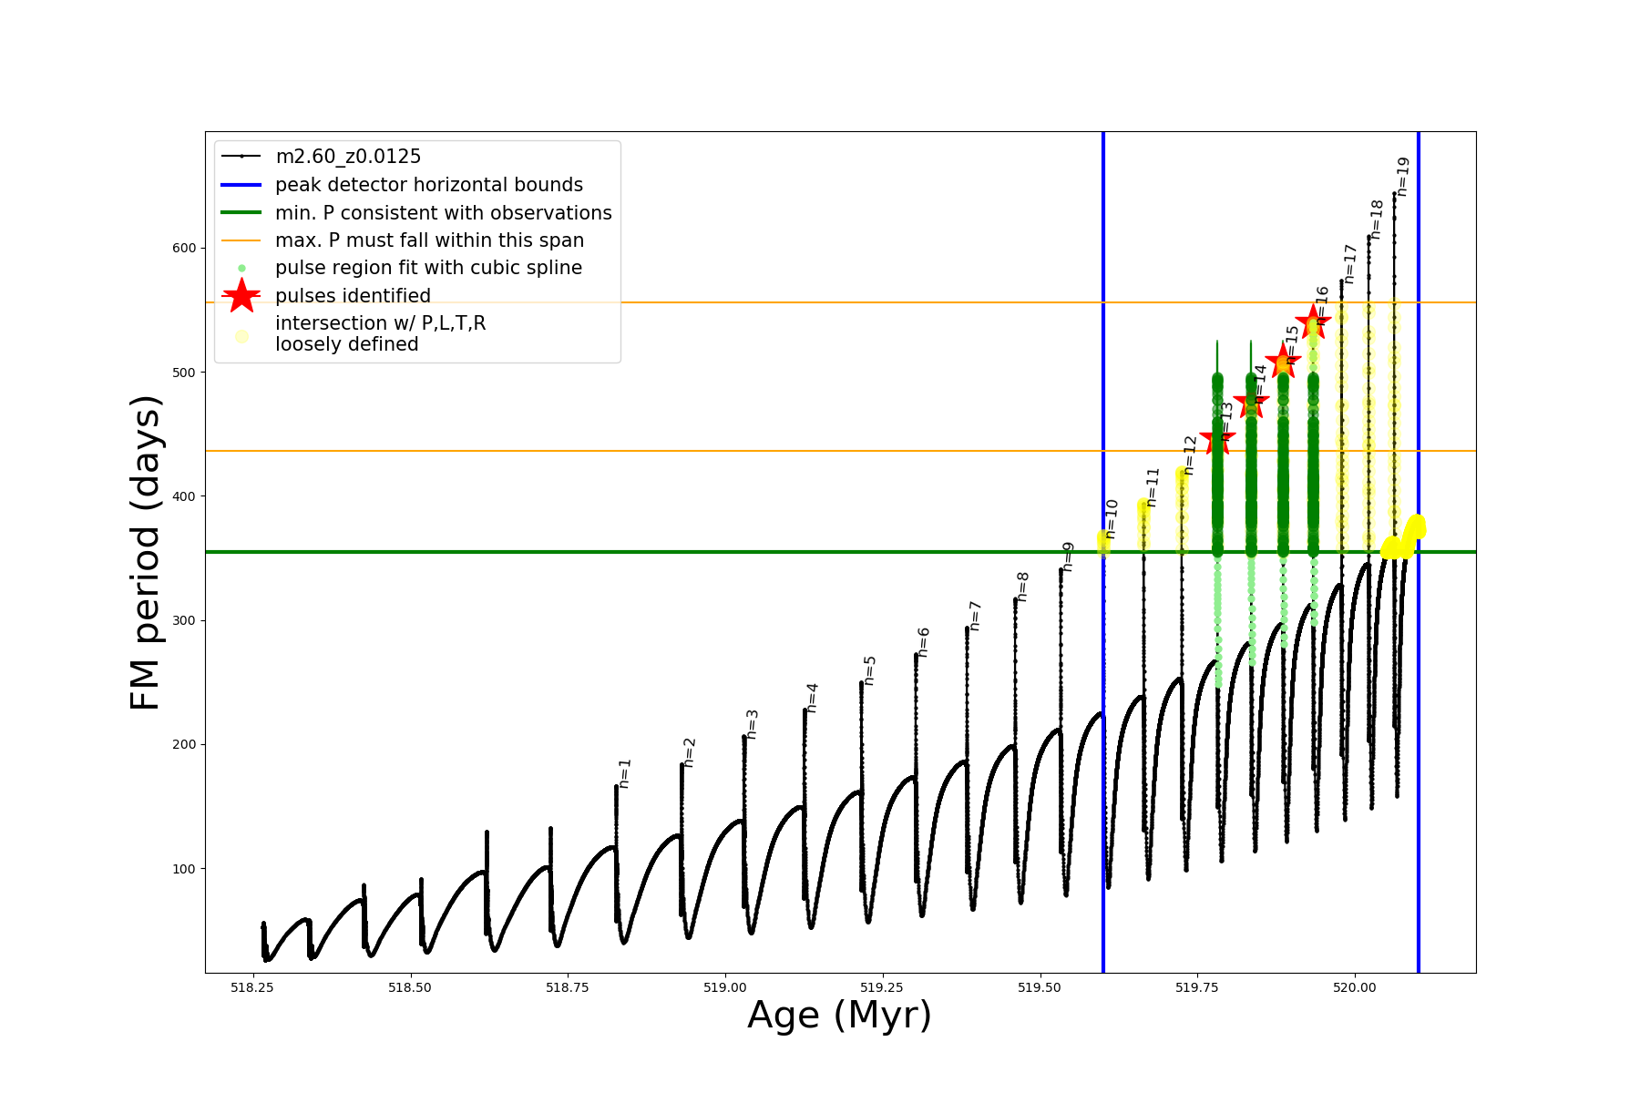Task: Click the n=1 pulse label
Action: click(625, 773)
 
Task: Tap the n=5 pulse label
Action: click(870, 670)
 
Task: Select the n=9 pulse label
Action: click(1069, 557)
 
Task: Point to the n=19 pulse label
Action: click(1403, 177)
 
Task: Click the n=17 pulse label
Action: click(1350, 264)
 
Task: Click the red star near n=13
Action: click(1217, 441)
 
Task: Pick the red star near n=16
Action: click(1313, 321)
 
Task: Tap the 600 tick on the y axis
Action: click(184, 249)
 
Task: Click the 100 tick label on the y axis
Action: click(184, 869)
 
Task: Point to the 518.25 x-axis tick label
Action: click(252, 987)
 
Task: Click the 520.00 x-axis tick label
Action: click(1355, 987)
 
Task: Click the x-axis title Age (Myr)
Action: click(839, 1016)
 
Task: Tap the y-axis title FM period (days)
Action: click(146, 553)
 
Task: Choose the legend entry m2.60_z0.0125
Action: click(348, 157)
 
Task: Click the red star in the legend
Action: click(241, 296)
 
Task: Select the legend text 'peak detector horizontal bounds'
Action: click(429, 185)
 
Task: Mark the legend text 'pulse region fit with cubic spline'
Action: click(428, 268)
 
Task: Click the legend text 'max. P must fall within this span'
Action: click(429, 240)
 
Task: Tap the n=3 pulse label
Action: click(753, 724)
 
